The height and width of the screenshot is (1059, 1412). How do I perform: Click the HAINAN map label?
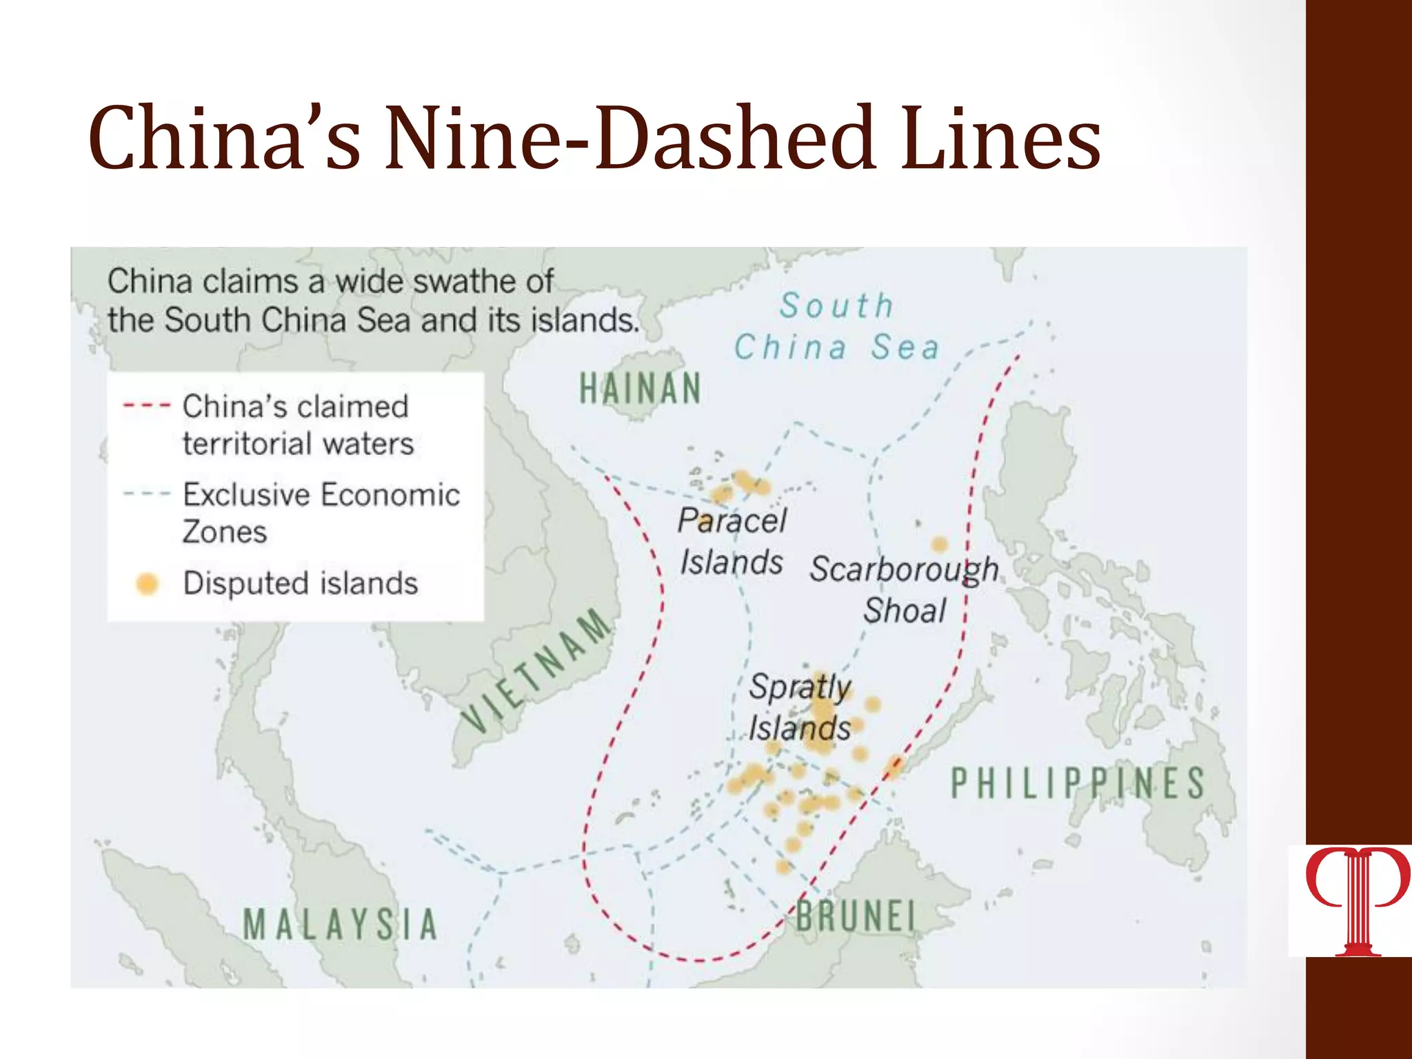(640, 388)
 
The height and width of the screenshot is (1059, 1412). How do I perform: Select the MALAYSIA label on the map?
(341, 925)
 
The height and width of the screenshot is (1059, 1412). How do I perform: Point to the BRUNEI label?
(856, 917)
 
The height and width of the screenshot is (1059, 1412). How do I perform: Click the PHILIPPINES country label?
(1078, 784)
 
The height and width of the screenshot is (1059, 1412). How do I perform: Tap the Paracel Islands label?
(732, 541)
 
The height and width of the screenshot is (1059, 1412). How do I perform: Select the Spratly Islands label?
(800, 707)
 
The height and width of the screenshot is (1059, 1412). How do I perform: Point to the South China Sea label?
(836, 326)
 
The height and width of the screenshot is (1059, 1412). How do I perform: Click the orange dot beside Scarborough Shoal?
(939, 545)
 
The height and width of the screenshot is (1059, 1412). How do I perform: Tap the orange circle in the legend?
(147, 583)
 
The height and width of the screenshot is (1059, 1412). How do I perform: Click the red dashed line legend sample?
(146, 406)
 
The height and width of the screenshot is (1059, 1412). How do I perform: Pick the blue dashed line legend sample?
(146, 494)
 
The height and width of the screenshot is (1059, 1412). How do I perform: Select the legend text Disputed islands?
(301, 583)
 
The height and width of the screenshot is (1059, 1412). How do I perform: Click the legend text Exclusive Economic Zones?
(321, 513)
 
